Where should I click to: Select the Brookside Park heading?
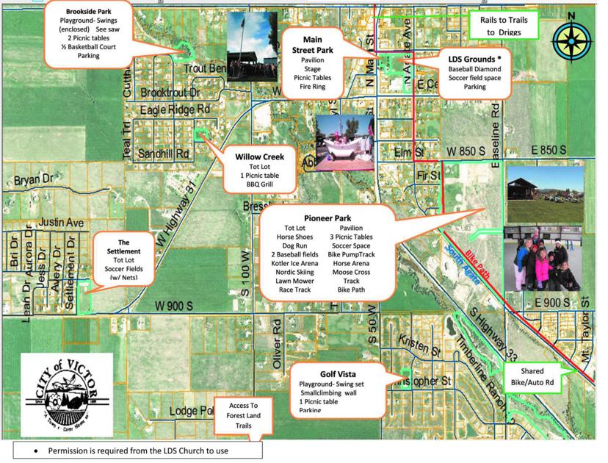pyautogui.click(x=88, y=12)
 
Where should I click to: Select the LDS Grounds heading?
pyautogui.click(x=474, y=57)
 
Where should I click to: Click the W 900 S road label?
pyautogui.click(x=173, y=306)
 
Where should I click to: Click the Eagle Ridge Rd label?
pyautogui.click(x=175, y=109)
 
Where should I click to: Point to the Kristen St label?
pyautogui.click(x=416, y=340)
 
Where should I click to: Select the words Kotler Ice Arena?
pyautogui.click(x=294, y=263)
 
